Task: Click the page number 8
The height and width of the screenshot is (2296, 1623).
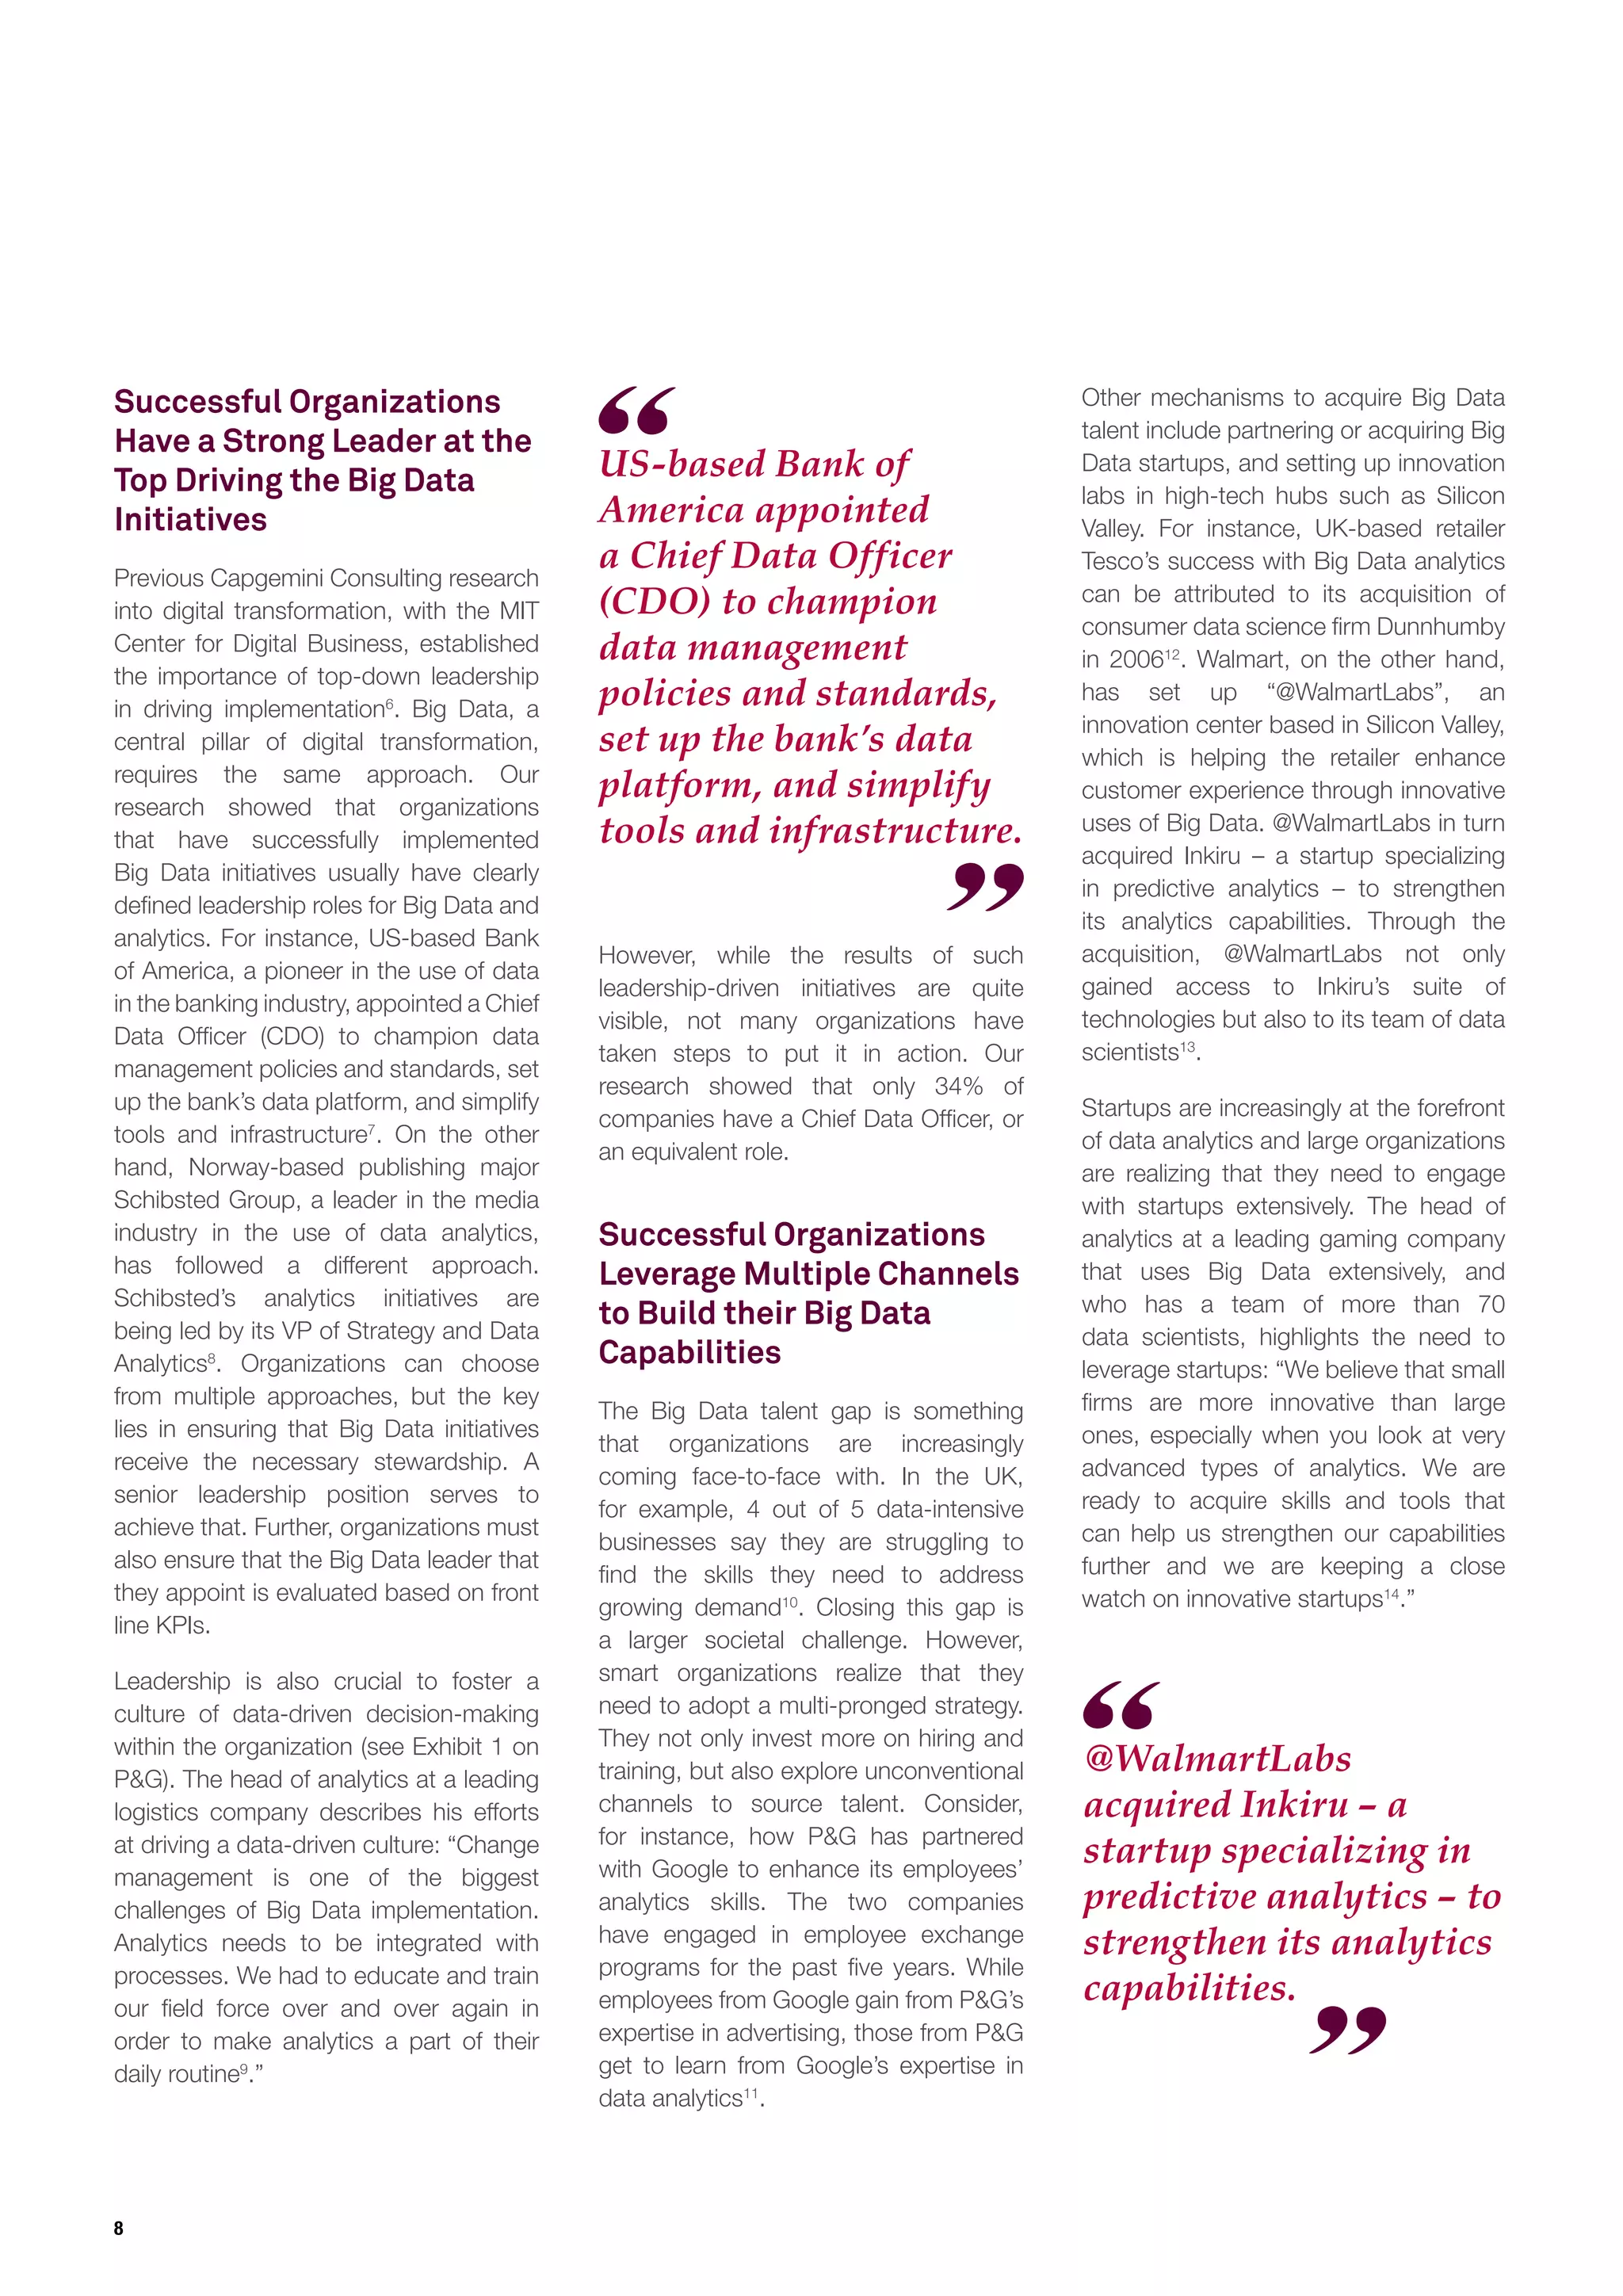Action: click(119, 2227)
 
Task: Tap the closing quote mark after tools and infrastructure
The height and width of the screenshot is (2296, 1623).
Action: click(985, 887)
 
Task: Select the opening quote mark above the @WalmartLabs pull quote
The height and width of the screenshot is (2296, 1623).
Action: click(1121, 1705)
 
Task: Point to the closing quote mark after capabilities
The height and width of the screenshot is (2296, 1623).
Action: click(1348, 2029)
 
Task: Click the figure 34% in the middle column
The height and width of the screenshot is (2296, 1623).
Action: click(958, 1086)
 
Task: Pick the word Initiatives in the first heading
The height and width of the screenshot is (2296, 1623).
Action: click(190, 520)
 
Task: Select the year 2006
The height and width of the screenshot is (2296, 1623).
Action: click(1136, 660)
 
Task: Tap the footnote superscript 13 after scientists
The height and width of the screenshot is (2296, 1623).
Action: click(1188, 1047)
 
